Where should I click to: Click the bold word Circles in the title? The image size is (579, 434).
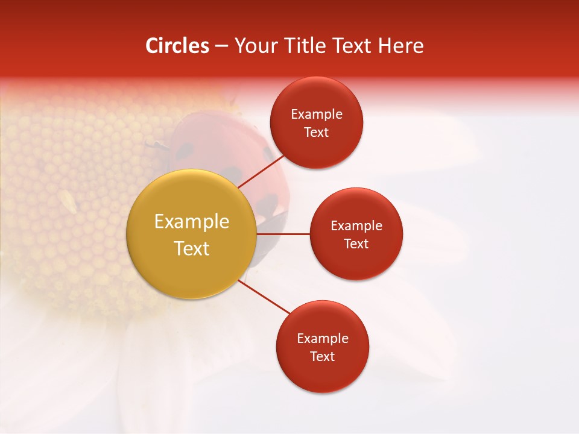click(177, 46)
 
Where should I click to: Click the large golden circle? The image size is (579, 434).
click(192, 234)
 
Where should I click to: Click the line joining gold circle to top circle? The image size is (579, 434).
click(261, 171)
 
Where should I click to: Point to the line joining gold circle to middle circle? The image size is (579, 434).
click(283, 234)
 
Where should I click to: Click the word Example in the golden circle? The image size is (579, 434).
click(192, 222)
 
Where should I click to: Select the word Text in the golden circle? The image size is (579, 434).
click(192, 248)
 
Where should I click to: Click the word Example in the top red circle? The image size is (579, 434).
click(317, 115)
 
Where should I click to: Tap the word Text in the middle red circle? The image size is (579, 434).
click(356, 244)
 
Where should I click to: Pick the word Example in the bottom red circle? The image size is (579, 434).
click(322, 339)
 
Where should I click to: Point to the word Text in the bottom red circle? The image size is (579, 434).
click(322, 357)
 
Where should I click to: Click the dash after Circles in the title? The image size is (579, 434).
click(221, 46)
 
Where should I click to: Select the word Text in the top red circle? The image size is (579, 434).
click(317, 133)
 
